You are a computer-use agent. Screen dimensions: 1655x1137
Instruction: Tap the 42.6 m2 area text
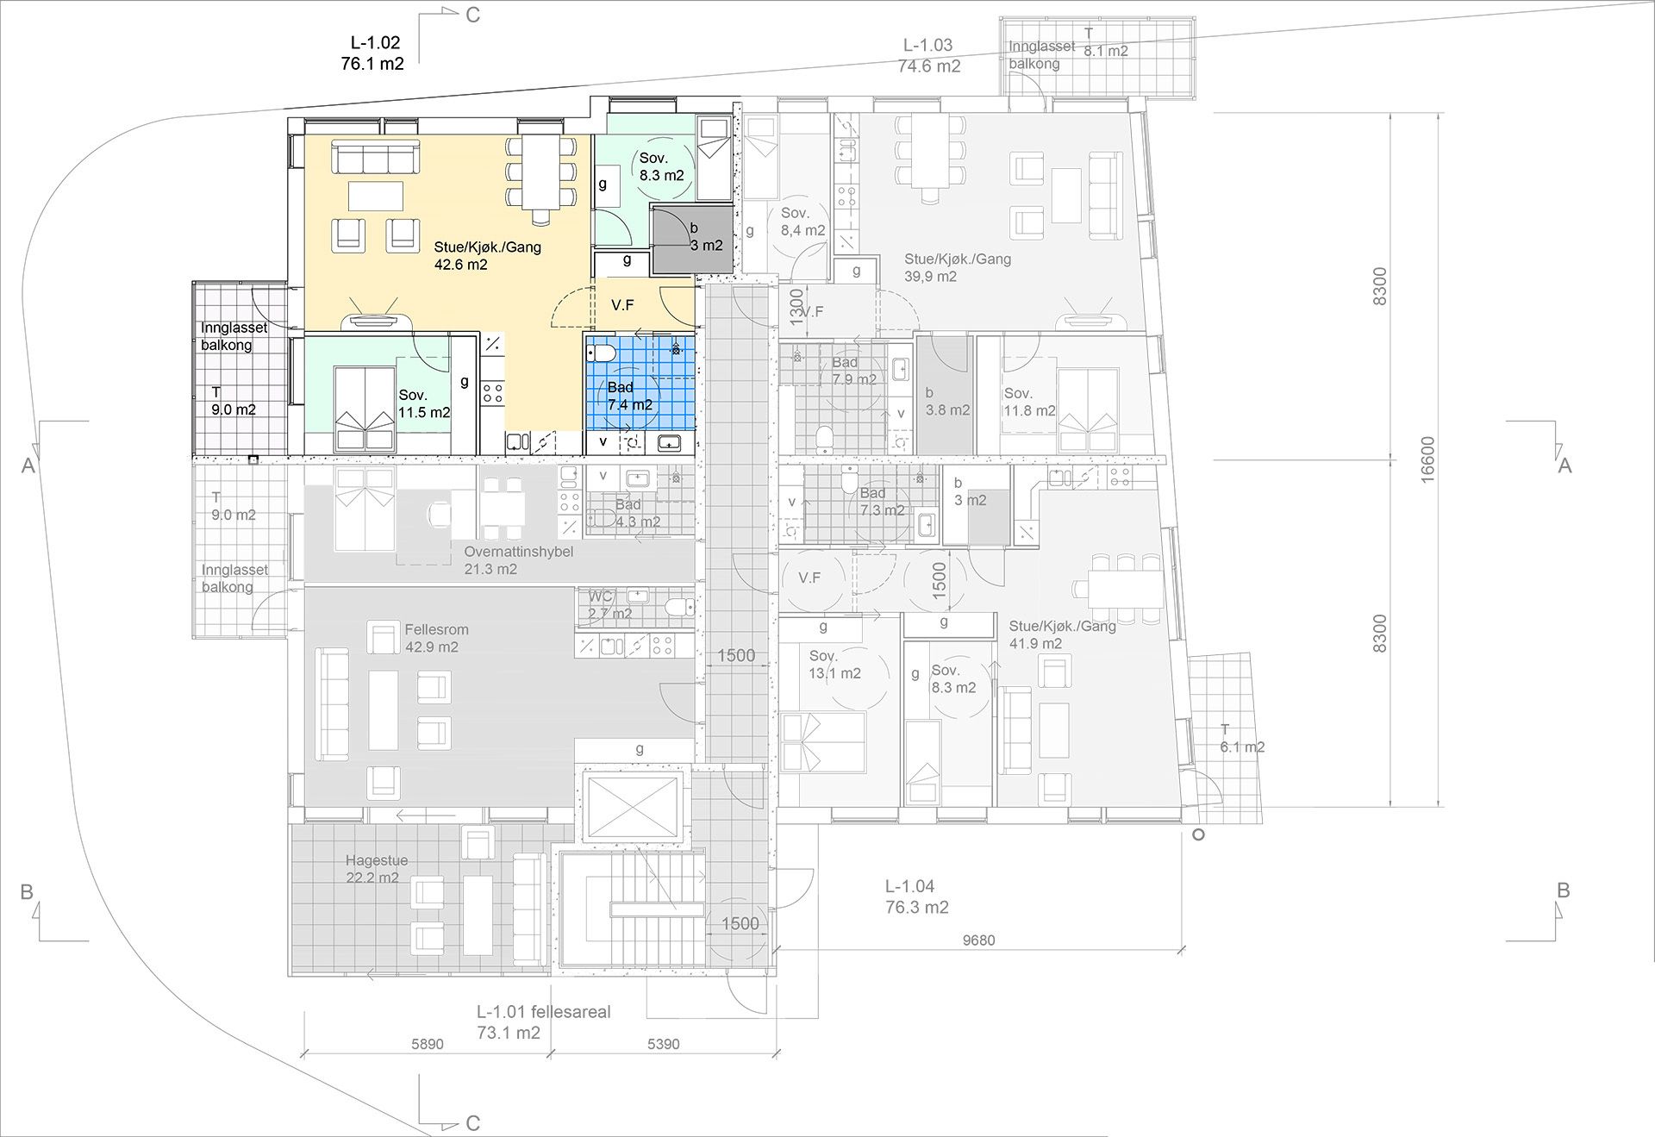tap(460, 265)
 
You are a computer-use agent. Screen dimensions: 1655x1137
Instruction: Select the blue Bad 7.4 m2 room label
tap(630, 396)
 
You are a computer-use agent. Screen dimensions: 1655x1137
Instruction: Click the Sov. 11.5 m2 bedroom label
tap(424, 403)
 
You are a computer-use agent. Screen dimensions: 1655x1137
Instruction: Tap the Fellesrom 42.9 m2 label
tap(436, 638)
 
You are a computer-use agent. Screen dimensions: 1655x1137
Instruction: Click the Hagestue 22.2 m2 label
tap(377, 869)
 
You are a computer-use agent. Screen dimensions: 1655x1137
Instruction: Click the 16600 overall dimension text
tap(1427, 459)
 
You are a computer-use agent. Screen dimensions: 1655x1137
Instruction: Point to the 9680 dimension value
tap(978, 940)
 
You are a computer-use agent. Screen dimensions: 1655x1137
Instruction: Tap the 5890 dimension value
tap(427, 1044)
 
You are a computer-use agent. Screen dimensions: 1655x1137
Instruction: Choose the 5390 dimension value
tap(663, 1044)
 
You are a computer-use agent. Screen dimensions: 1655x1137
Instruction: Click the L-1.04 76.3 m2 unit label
tap(916, 896)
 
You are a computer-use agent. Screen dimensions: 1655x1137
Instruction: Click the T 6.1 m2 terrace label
tap(1241, 739)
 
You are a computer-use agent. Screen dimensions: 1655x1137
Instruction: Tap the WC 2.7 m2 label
tap(609, 605)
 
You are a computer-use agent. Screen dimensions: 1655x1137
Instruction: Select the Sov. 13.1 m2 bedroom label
tap(834, 665)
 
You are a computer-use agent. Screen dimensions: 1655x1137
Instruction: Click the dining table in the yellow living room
tap(541, 172)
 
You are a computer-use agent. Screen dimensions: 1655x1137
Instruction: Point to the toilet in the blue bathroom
tap(602, 353)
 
